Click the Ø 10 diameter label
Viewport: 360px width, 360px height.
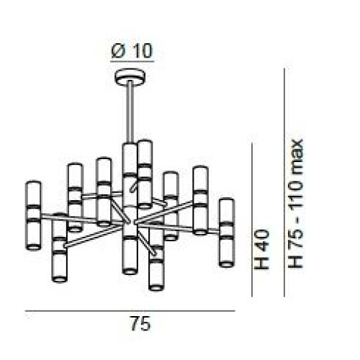click(132, 50)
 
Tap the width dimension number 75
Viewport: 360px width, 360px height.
click(141, 323)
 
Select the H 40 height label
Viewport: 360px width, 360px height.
click(261, 249)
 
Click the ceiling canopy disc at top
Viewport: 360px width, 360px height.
click(130, 77)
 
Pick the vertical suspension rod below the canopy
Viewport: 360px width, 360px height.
click(130, 112)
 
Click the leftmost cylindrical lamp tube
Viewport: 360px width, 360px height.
click(33, 215)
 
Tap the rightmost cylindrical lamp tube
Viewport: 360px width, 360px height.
click(227, 233)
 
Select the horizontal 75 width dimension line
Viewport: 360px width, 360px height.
click(130, 311)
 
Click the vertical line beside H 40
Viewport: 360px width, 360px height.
click(252, 220)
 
